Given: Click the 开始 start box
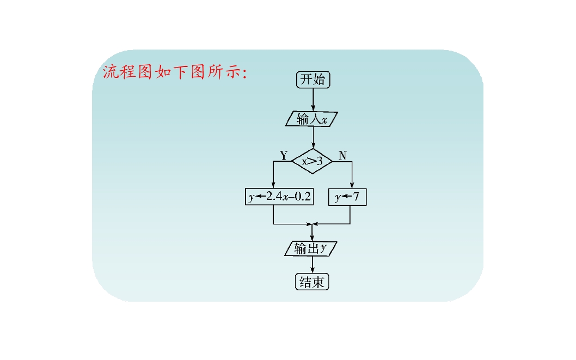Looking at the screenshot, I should (x=313, y=80).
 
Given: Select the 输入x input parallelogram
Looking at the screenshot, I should (x=312, y=119).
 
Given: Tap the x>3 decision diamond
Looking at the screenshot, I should (x=312, y=161).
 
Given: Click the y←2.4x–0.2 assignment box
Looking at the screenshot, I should (x=279, y=197).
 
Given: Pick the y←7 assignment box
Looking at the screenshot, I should (x=348, y=197).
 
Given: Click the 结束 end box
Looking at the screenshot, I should (x=312, y=282).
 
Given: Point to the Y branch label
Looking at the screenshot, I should (x=284, y=155).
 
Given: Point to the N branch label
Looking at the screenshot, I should (x=342, y=155).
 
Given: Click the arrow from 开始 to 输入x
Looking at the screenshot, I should (x=313, y=99).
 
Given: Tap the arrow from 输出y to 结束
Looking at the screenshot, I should (x=312, y=265).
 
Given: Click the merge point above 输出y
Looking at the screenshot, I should (x=312, y=224).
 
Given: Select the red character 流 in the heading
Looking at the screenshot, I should (x=111, y=72).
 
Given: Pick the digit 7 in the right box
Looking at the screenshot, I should (x=356, y=197).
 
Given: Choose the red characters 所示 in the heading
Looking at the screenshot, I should (x=223, y=72).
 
